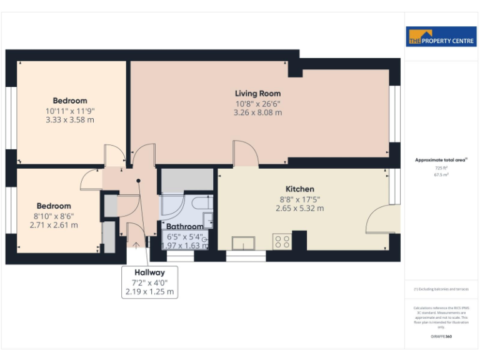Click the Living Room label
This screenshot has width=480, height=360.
(x=257, y=94)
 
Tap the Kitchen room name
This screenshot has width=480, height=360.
(x=299, y=189)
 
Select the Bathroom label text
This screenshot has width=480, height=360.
(x=184, y=226)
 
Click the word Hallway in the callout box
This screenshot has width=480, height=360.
(x=149, y=272)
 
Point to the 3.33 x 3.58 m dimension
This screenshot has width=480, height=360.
(x=69, y=119)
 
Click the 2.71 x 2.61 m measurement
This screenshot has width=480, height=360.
(x=54, y=225)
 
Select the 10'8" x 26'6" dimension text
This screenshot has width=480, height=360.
(x=257, y=104)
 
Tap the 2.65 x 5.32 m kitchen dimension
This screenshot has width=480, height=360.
(x=299, y=208)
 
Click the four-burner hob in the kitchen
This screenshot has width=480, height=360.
(x=281, y=241)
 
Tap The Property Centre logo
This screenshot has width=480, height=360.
(x=441, y=37)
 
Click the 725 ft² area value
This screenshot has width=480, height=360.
(x=441, y=168)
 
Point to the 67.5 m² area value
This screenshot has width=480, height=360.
(x=441, y=175)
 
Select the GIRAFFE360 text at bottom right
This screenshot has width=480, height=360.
(x=441, y=337)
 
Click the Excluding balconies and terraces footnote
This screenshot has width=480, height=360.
(x=441, y=289)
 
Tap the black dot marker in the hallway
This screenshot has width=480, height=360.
(x=139, y=181)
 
